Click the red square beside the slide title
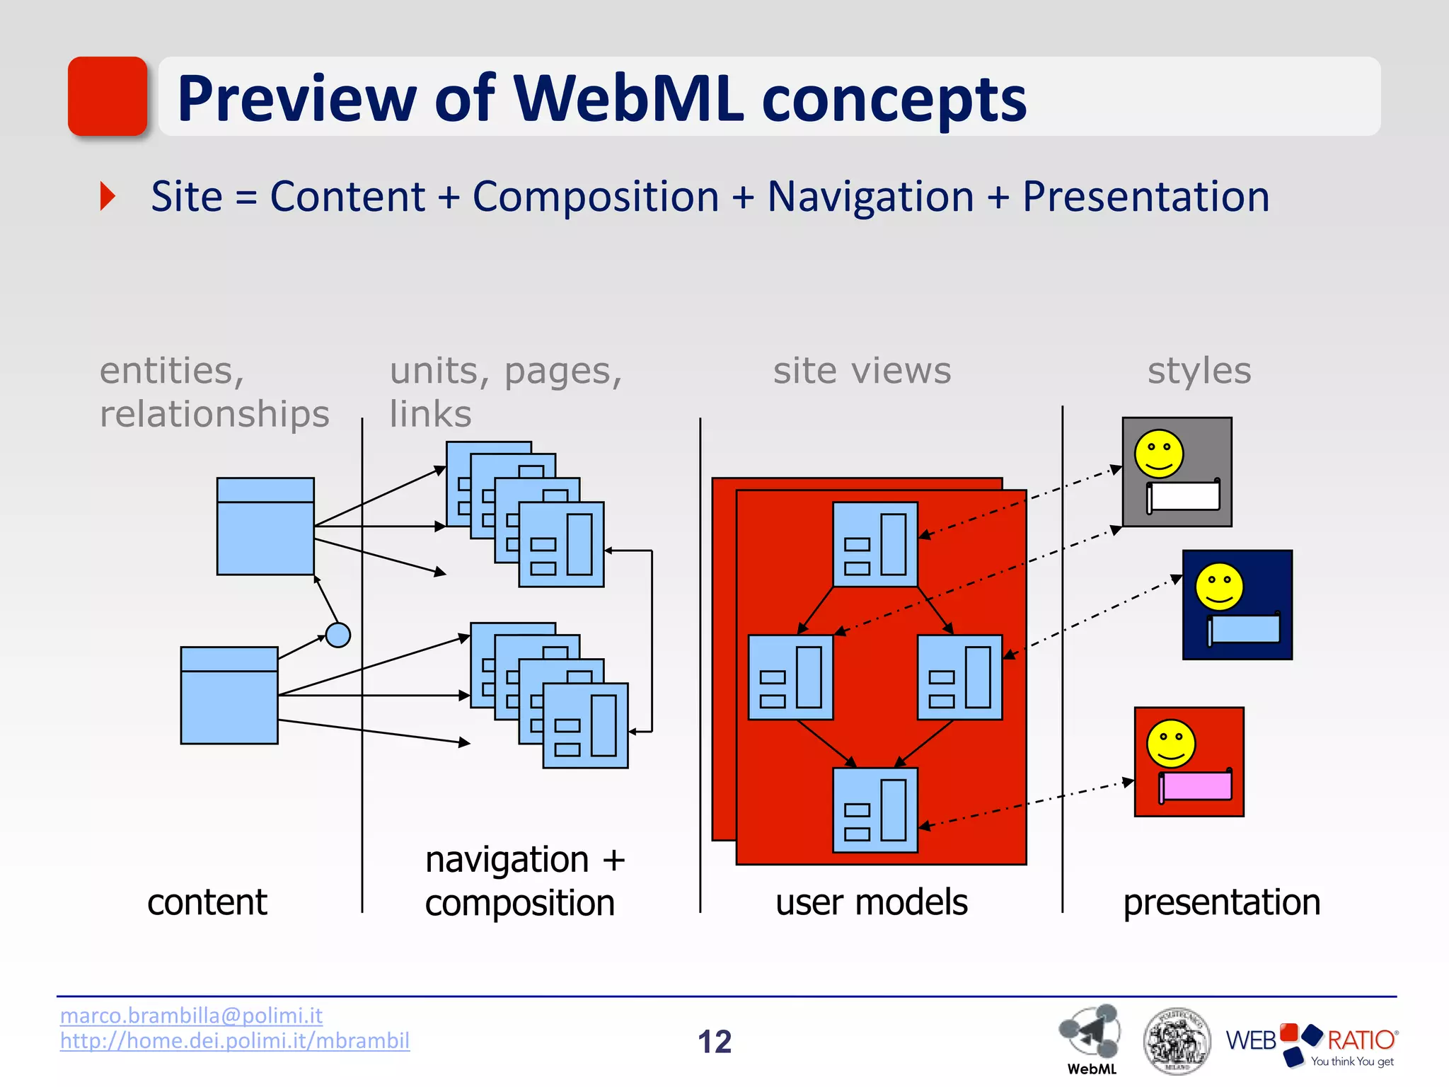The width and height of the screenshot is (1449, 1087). [108, 96]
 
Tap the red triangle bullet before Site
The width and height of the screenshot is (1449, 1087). [108, 196]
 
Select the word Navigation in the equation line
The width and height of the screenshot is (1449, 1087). [870, 197]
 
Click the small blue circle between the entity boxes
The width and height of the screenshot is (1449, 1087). [338, 635]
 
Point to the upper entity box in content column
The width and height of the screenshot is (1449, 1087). [265, 527]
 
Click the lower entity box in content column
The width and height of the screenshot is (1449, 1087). [229, 696]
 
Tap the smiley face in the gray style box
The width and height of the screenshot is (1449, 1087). [1159, 454]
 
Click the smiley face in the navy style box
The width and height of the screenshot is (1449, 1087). [1219, 587]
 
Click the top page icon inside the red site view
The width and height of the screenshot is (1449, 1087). [875, 544]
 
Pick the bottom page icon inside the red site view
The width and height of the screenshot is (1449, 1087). [875, 810]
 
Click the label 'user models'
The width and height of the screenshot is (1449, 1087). [871, 903]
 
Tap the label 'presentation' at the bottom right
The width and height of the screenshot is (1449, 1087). [1221, 903]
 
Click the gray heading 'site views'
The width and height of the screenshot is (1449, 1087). [862, 371]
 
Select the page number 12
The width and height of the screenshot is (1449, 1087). [715, 1042]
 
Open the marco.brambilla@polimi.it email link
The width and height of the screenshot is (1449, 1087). [191, 1016]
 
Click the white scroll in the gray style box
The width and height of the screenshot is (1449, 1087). [1184, 496]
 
